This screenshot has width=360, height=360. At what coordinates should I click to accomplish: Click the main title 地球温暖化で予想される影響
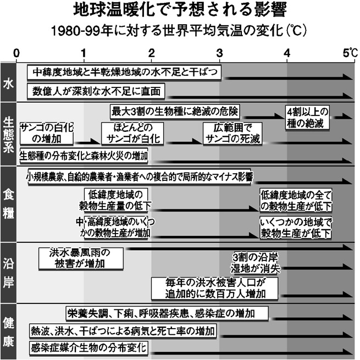[x=180, y=10]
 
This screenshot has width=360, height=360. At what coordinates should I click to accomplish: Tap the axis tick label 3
[x=219, y=53]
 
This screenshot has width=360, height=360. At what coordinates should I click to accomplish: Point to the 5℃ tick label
[x=350, y=53]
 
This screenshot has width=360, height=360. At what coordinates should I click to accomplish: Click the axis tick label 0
[x=16, y=53]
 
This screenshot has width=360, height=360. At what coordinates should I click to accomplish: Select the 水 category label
[x=8, y=84]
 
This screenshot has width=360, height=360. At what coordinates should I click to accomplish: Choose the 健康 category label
[x=8, y=333]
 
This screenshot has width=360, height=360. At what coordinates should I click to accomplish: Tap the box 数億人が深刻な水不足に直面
[x=96, y=91]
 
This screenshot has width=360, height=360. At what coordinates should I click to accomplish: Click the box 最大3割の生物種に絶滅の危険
[x=175, y=112]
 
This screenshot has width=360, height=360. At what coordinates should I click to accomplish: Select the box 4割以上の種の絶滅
[x=307, y=118]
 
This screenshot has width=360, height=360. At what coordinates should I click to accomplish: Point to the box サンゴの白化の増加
[x=47, y=134]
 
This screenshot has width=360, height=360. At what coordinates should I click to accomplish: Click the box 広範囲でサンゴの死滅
[x=232, y=134]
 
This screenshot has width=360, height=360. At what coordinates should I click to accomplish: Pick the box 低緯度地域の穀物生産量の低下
[x=116, y=200]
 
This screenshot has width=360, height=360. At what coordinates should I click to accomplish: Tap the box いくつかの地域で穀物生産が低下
[x=296, y=228]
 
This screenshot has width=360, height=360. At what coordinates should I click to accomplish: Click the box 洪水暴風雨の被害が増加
[x=81, y=258]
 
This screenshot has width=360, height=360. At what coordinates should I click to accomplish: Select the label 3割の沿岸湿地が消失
[x=256, y=263]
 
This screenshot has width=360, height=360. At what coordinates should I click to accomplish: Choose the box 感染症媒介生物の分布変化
[x=88, y=348]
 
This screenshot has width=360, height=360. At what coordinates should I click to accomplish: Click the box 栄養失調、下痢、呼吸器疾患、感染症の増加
[x=167, y=313]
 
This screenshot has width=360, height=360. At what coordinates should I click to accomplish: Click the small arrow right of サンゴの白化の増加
[x=88, y=142]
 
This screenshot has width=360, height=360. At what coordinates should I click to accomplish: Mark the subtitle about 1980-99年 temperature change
[x=179, y=31]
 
